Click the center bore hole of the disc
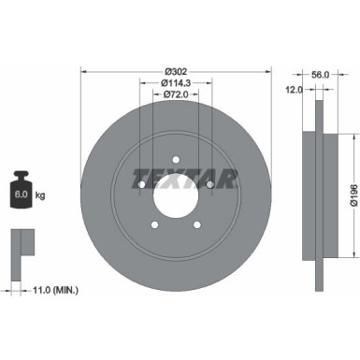click(175, 198)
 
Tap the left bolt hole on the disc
click(141, 186)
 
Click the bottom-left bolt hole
click(154, 225)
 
